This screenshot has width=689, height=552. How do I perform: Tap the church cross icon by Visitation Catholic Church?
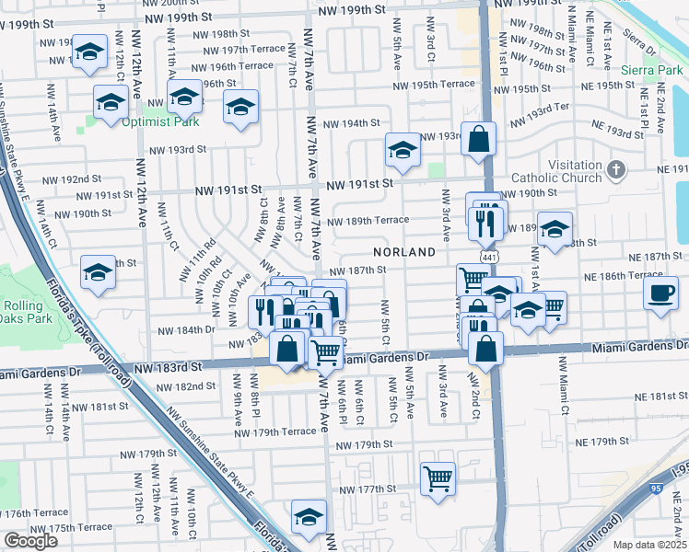click(x=616, y=170)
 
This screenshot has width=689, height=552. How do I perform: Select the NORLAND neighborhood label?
click(x=403, y=251)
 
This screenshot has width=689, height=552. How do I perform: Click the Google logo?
click(x=30, y=541)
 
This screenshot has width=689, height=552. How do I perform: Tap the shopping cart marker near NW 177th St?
click(x=438, y=477)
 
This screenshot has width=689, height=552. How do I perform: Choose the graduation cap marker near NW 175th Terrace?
click(x=309, y=515)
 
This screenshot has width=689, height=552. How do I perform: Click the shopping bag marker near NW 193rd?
click(x=479, y=140)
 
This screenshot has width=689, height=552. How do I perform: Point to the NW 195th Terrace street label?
click(x=432, y=85)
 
